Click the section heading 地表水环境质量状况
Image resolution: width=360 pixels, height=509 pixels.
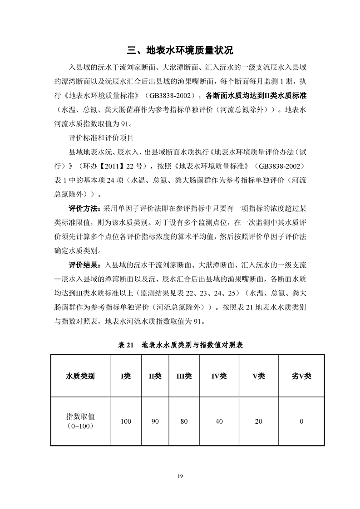click(180, 49)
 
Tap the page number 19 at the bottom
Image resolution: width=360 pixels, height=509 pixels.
click(180, 475)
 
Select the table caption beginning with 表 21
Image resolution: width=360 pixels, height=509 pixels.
click(180, 345)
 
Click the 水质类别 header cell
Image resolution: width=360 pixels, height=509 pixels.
click(80, 376)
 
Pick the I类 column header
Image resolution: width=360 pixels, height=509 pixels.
click(126, 376)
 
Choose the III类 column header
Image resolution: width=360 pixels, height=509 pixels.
click(184, 376)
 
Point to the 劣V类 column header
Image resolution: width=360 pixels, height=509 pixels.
click(301, 376)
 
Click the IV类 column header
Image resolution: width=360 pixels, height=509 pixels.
click(219, 376)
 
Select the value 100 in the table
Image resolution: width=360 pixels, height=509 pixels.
click(126, 421)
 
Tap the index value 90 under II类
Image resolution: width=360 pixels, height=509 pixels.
click(155, 421)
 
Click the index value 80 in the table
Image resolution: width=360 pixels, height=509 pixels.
click(184, 421)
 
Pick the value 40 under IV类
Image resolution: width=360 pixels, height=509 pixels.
click(219, 421)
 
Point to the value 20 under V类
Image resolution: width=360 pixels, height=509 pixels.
click(258, 421)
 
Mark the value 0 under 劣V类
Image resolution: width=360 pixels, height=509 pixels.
click(301, 421)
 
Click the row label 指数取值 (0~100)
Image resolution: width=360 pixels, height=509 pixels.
click(80, 421)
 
